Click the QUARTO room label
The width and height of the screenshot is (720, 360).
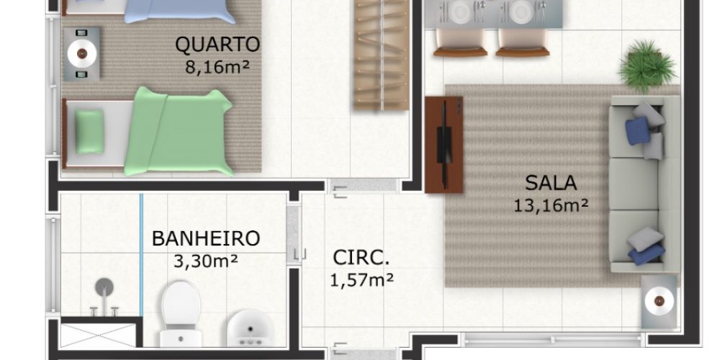tap(217, 45)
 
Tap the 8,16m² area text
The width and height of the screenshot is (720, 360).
tap(217, 67)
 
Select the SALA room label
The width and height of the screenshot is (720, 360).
tap(551, 183)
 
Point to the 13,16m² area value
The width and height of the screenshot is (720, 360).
tap(551, 205)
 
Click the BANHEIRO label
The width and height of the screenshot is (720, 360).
tap(206, 239)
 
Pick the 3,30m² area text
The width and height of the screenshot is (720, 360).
tap(206, 261)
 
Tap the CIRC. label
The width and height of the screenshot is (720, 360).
tap(361, 258)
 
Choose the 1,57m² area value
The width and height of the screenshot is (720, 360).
tap(362, 279)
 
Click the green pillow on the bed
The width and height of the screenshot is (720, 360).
tap(89, 131)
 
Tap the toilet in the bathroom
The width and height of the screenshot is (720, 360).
tap(181, 315)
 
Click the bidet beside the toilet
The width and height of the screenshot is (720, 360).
tap(251, 329)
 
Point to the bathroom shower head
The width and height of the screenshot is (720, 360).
tap(104, 288)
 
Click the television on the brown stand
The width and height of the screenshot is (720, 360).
tap(443, 145)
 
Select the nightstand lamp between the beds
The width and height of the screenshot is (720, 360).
tap(82, 54)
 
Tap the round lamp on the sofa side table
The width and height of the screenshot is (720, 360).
tap(659, 301)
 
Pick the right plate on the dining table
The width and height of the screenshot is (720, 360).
tap(521, 11)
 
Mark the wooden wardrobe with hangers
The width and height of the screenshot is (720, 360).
tap(382, 55)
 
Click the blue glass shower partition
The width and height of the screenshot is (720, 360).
tap(141, 255)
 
